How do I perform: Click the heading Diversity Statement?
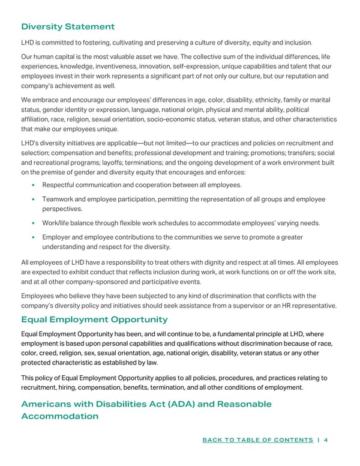(68, 26)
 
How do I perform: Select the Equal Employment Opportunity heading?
(94, 319)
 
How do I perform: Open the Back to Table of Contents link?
(258, 440)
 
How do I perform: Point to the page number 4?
(325, 440)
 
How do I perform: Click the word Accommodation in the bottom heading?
(59, 416)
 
